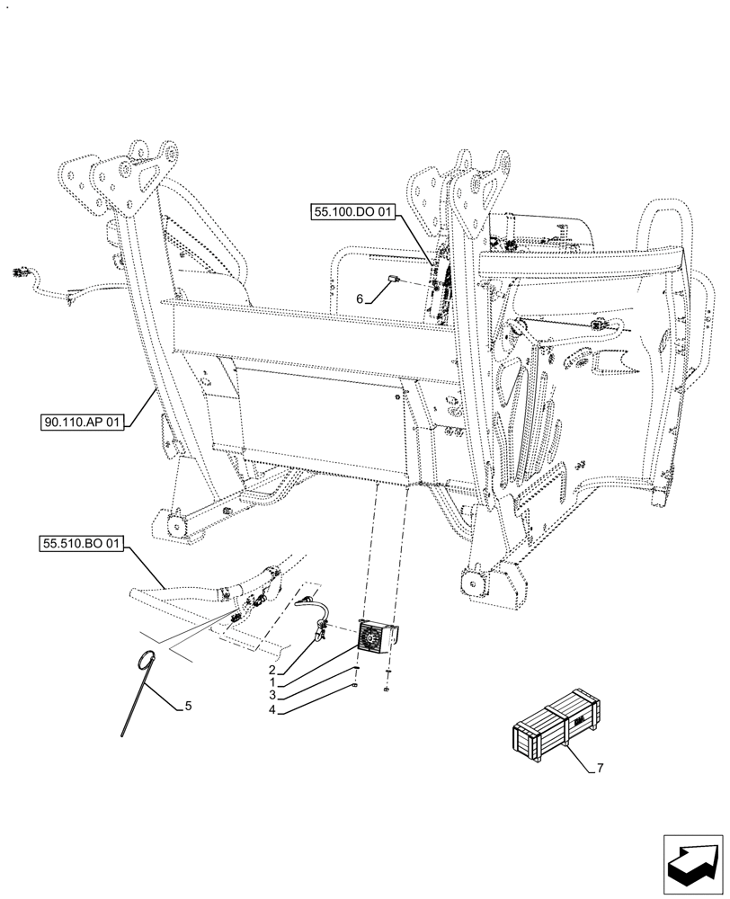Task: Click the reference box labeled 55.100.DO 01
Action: click(353, 213)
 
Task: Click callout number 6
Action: click(360, 299)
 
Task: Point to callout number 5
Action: click(188, 707)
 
